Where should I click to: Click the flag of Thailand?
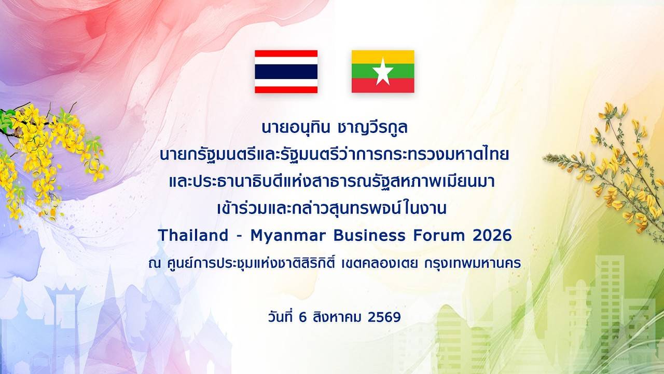286,72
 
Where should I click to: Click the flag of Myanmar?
383,72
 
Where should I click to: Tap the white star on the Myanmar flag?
383,72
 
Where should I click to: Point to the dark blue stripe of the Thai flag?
286,72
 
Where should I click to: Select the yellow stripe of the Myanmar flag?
383,57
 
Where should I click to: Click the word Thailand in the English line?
193,235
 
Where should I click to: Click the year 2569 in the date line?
384,317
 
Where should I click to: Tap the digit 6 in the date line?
302,317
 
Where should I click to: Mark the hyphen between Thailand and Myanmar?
240,236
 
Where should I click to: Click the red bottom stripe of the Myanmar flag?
383,86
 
